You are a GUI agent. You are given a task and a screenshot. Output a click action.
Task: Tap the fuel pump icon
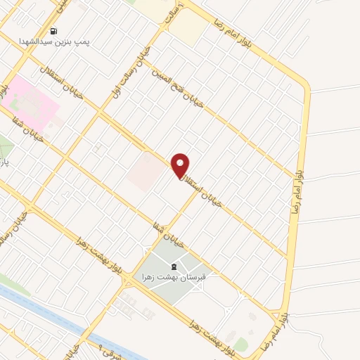click(54, 30)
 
